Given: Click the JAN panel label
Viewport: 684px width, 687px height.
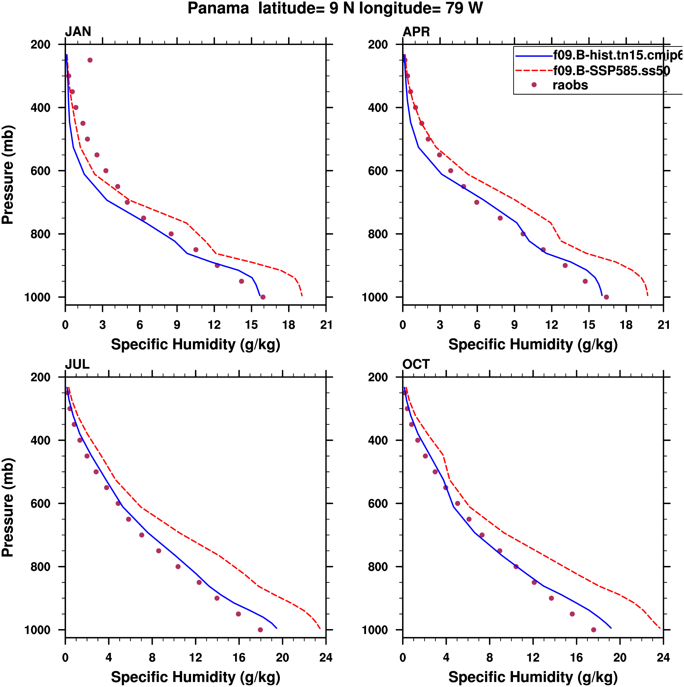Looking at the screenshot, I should tap(78, 32).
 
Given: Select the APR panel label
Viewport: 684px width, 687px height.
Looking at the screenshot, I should tap(416, 32).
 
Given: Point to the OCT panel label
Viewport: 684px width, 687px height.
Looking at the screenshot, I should tap(416, 364).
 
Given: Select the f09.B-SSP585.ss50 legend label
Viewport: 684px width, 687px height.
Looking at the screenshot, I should tap(611, 71).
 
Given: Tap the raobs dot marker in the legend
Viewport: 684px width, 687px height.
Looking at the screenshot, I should tap(534, 85).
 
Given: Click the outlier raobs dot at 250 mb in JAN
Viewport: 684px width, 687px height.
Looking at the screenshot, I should tap(90, 60).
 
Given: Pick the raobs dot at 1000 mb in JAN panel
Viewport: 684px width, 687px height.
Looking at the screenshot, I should tap(263, 297).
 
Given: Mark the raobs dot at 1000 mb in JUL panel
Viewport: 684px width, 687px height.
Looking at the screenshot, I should tap(260, 630).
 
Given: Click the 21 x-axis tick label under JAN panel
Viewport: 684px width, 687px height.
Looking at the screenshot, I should tap(326, 325).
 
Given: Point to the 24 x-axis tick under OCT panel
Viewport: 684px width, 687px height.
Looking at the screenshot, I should tap(663, 658).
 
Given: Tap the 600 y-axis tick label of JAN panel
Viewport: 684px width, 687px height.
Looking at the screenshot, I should tap(41, 171).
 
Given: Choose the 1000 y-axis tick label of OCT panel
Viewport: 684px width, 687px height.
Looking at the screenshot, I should tap(375, 630).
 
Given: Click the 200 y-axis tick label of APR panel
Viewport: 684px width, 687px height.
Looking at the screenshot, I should tap(378, 45).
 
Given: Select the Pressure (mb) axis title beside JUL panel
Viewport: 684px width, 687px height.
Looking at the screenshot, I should tap(8, 507).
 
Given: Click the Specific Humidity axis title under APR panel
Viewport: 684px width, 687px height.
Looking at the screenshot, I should tap(533, 344).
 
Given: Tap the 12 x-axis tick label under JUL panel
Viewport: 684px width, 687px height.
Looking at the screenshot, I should tap(196, 658).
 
